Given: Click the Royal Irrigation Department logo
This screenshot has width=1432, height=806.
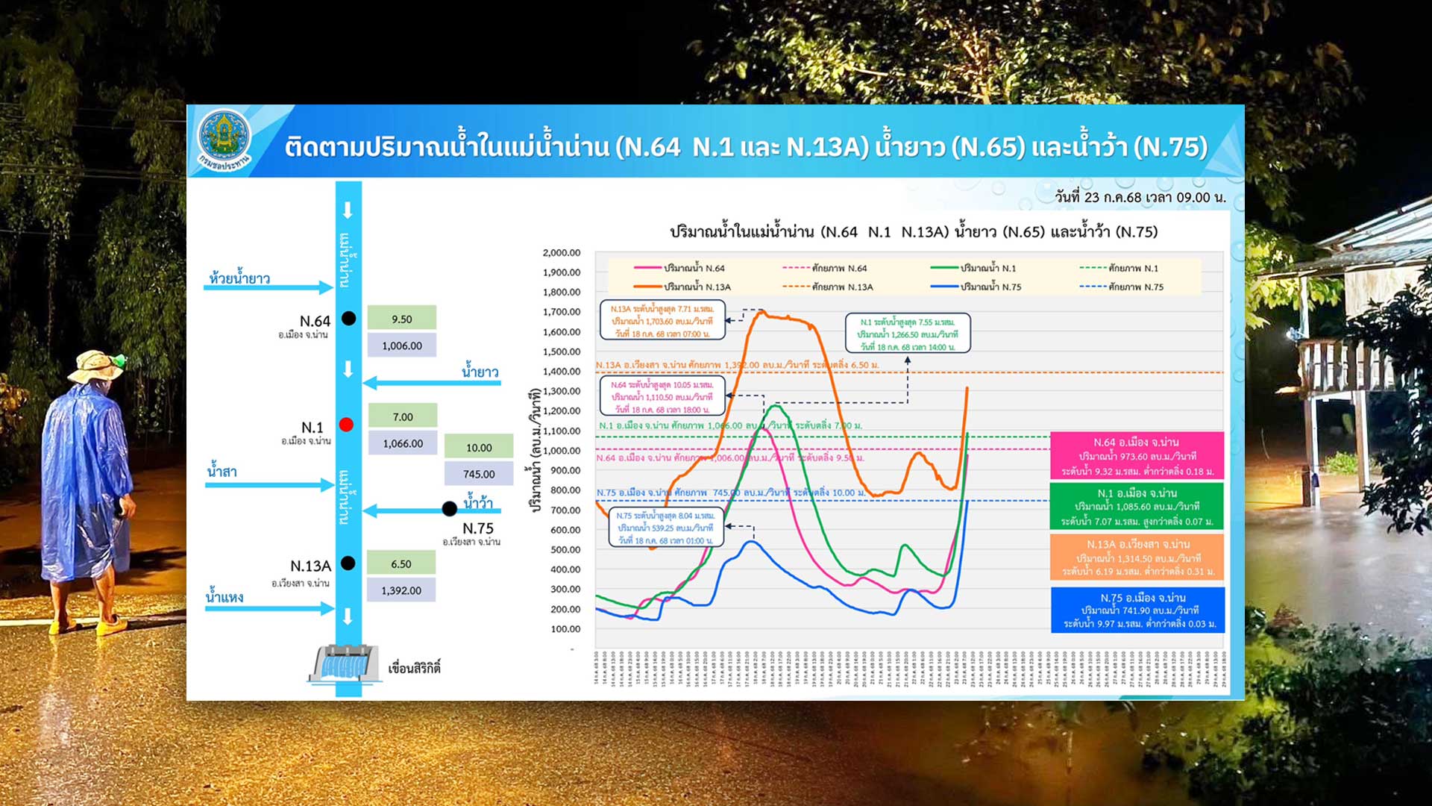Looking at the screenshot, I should pyautogui.click(x=224, y=140).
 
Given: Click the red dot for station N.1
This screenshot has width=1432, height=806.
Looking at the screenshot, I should pyautogui.click(x=346, y=425).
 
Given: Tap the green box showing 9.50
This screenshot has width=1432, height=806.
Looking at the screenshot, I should pyautogui.click(x=401, y=319).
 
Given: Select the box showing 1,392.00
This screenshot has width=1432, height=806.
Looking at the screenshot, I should pyautogui.click(x=401, y=590).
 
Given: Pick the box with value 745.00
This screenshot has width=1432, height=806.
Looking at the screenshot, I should pyautogui.click(x=479, y=474).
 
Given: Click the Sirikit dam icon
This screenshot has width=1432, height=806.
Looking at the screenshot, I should pyautogui.click(x=344, y=664).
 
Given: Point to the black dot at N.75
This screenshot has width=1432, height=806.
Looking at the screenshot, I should pyautogui.click(x=449, y=509).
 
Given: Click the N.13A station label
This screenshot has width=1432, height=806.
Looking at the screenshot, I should pyautogui.click(x=310, y=566).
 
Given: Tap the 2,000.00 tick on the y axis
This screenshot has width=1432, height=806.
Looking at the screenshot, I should pyautogui.click(x=561, y=253).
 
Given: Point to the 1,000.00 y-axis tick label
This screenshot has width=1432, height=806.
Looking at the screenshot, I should pyautogui.click(x=561, y=451).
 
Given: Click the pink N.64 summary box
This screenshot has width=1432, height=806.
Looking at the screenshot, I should pyautogui.click(x=1137, y=456).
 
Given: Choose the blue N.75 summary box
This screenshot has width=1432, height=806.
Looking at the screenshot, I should pyautogui.click(x=1137, y=610).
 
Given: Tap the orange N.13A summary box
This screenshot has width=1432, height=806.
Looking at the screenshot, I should pyautogui.click(x=1137, y=557).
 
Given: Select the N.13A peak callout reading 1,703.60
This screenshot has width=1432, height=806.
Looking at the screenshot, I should pyautogui.click(x=662, y=321).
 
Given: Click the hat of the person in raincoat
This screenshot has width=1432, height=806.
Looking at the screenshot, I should pyautogui.click(x=95, y=366).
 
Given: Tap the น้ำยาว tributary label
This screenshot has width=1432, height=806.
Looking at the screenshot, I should pyautogui.click(x=480, y=372).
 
